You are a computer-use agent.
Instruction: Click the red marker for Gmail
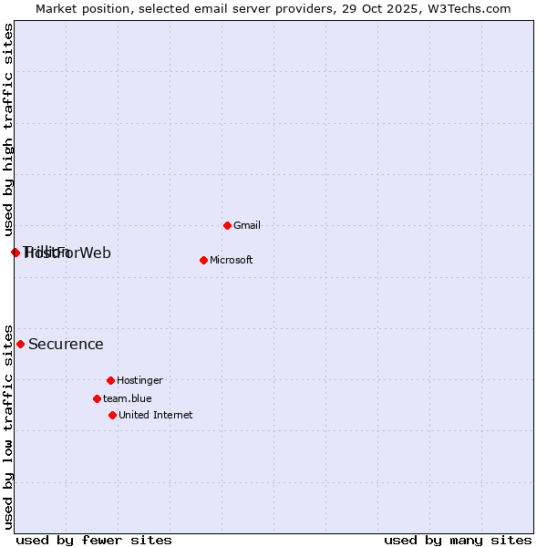pos(227,225)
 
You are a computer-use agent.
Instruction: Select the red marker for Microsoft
pos(203,260)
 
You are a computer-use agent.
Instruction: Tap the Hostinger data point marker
pos(110,380)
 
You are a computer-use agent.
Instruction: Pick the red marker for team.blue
pos(97,398)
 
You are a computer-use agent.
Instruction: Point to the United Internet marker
pos(112,415)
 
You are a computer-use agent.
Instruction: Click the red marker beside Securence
pos(20,344)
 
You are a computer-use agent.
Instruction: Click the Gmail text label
pos(247,225)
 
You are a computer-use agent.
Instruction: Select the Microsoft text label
pos(231,260)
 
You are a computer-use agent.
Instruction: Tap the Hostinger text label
pos(139,380)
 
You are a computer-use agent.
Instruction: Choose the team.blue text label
pos(127,398)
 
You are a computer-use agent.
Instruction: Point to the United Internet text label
pos(155,415)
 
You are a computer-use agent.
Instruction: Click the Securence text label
pos(66,345)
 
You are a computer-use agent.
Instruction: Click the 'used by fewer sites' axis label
pos(93,540)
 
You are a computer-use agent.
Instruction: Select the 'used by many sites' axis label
pos(458,540)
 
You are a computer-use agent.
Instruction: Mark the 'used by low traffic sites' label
pos(8,426)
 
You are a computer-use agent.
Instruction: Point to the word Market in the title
pos(57,8)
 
